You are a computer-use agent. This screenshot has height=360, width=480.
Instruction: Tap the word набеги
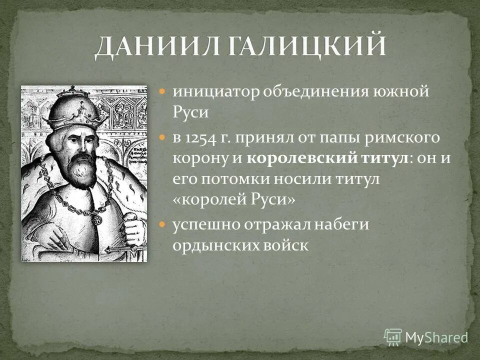pyautogui.click(x=341, y=224)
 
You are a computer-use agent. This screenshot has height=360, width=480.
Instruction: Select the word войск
pyautogui.click(x=285, y=246)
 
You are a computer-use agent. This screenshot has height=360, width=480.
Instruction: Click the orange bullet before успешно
pyautogui.click(x=162, y=224)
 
